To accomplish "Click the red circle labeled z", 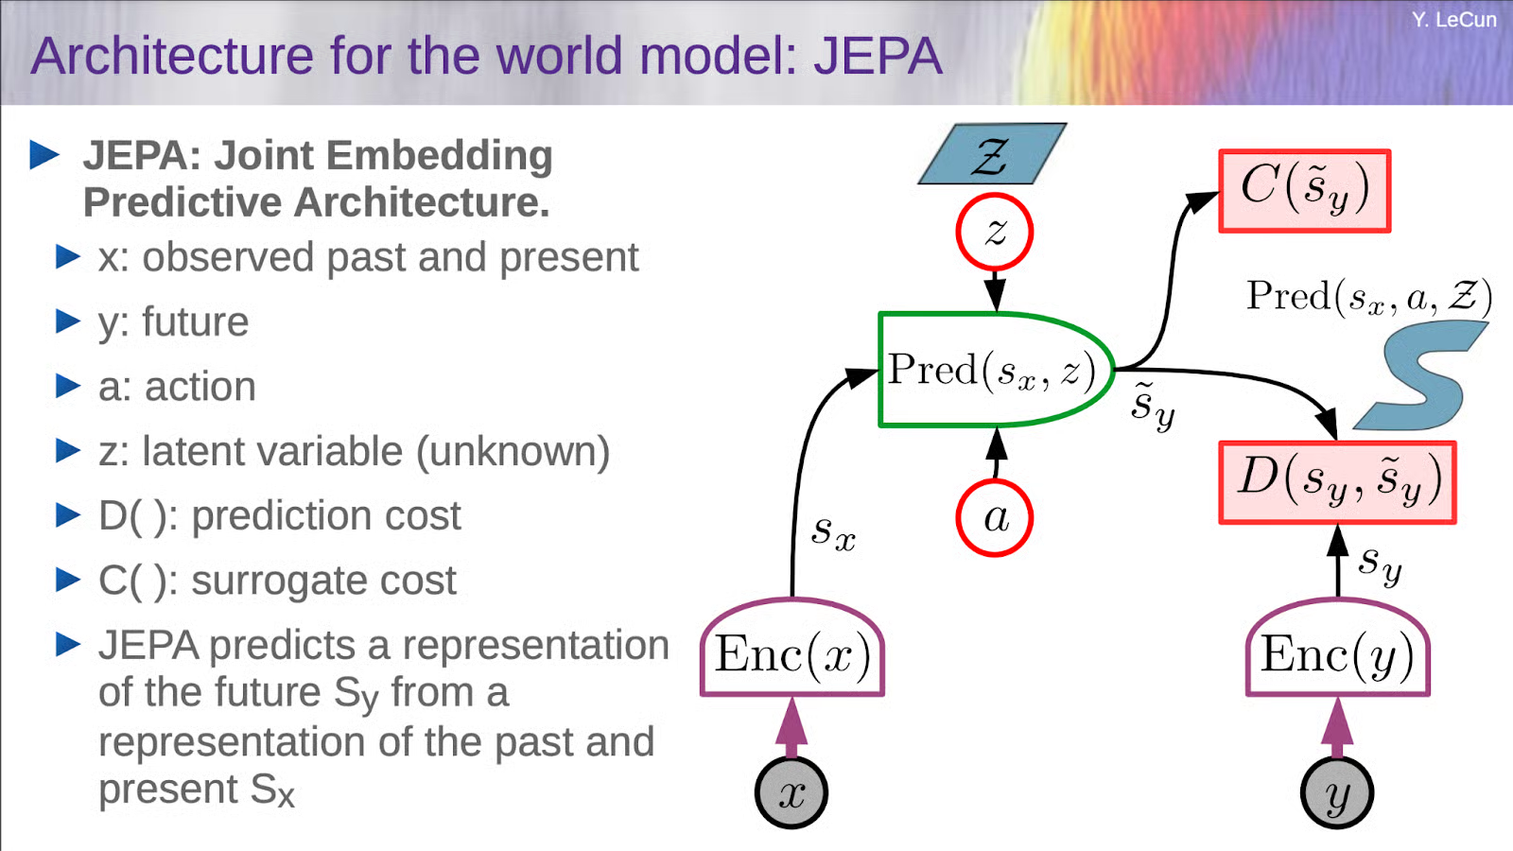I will click(994, 232).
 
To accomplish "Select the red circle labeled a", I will click(994, 517).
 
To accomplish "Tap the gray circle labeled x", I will click(791, 792).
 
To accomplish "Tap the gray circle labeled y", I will click(1336, 792).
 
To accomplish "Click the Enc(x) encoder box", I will click(792, 652).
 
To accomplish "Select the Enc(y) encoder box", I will click(1337, 652).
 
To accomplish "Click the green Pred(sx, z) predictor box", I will click(988, 370).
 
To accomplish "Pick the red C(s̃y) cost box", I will click(1304, 190).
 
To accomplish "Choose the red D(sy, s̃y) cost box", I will click(1337, 482).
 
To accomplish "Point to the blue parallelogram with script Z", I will click(992, 153).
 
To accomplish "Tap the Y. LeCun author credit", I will click(1453, 19).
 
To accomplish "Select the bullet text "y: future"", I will click(173, 322).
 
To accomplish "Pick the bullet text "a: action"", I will click(177, 387).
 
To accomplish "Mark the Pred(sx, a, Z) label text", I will click(1368, 296).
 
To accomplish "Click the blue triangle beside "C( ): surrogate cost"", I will click(68, 580).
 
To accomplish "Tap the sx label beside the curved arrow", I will click(833, 531).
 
